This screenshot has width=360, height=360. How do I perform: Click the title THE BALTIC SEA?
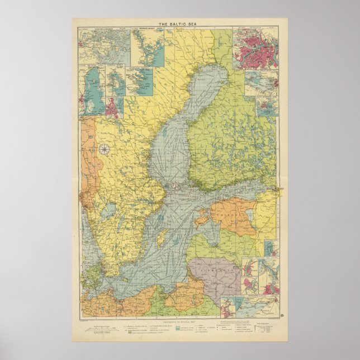tap(180, 24)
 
